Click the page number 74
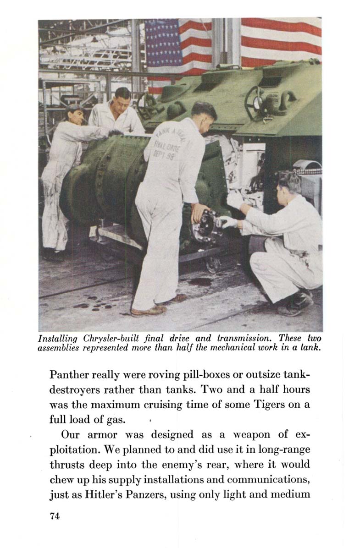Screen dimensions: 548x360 (55, 516)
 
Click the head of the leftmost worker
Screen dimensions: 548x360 (75, 114)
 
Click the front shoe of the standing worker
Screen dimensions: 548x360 (148, 310)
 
